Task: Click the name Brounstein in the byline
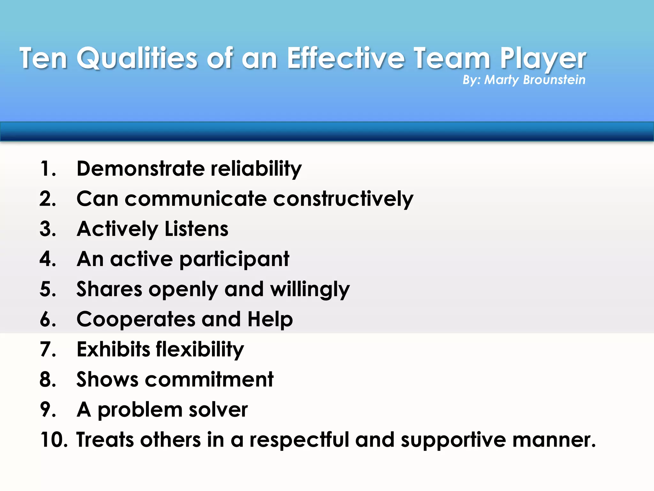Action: point(554,80)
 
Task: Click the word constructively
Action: point(343,199)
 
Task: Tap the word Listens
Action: point(196,229)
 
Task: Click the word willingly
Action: point(310,290)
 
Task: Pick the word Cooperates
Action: point(136,319)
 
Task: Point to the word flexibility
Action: point(200,349)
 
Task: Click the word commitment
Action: point(209,379)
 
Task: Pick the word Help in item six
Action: point(270,320)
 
